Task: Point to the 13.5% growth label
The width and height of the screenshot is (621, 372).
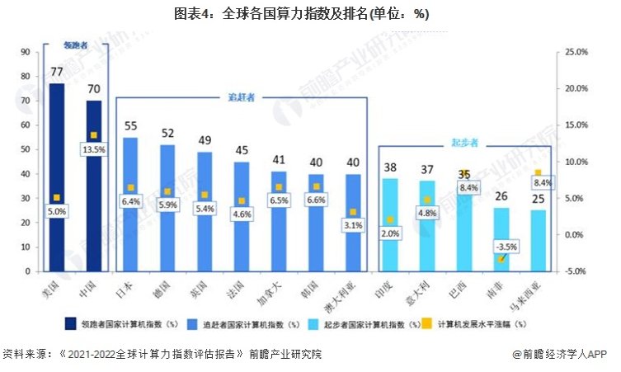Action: coord(93,149)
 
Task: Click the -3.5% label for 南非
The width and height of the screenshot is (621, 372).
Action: coord(501,246)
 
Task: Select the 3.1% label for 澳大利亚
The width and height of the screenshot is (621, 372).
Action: coord(353,225)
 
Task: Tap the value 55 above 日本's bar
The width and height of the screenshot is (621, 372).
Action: coord(130,126)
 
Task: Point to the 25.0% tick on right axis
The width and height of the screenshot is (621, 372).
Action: coord(576,52)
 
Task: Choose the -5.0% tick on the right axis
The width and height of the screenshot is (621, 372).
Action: coord(576,271)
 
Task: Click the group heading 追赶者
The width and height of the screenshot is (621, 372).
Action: coord(241,97)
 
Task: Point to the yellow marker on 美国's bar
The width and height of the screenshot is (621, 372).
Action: coord(56,197)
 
